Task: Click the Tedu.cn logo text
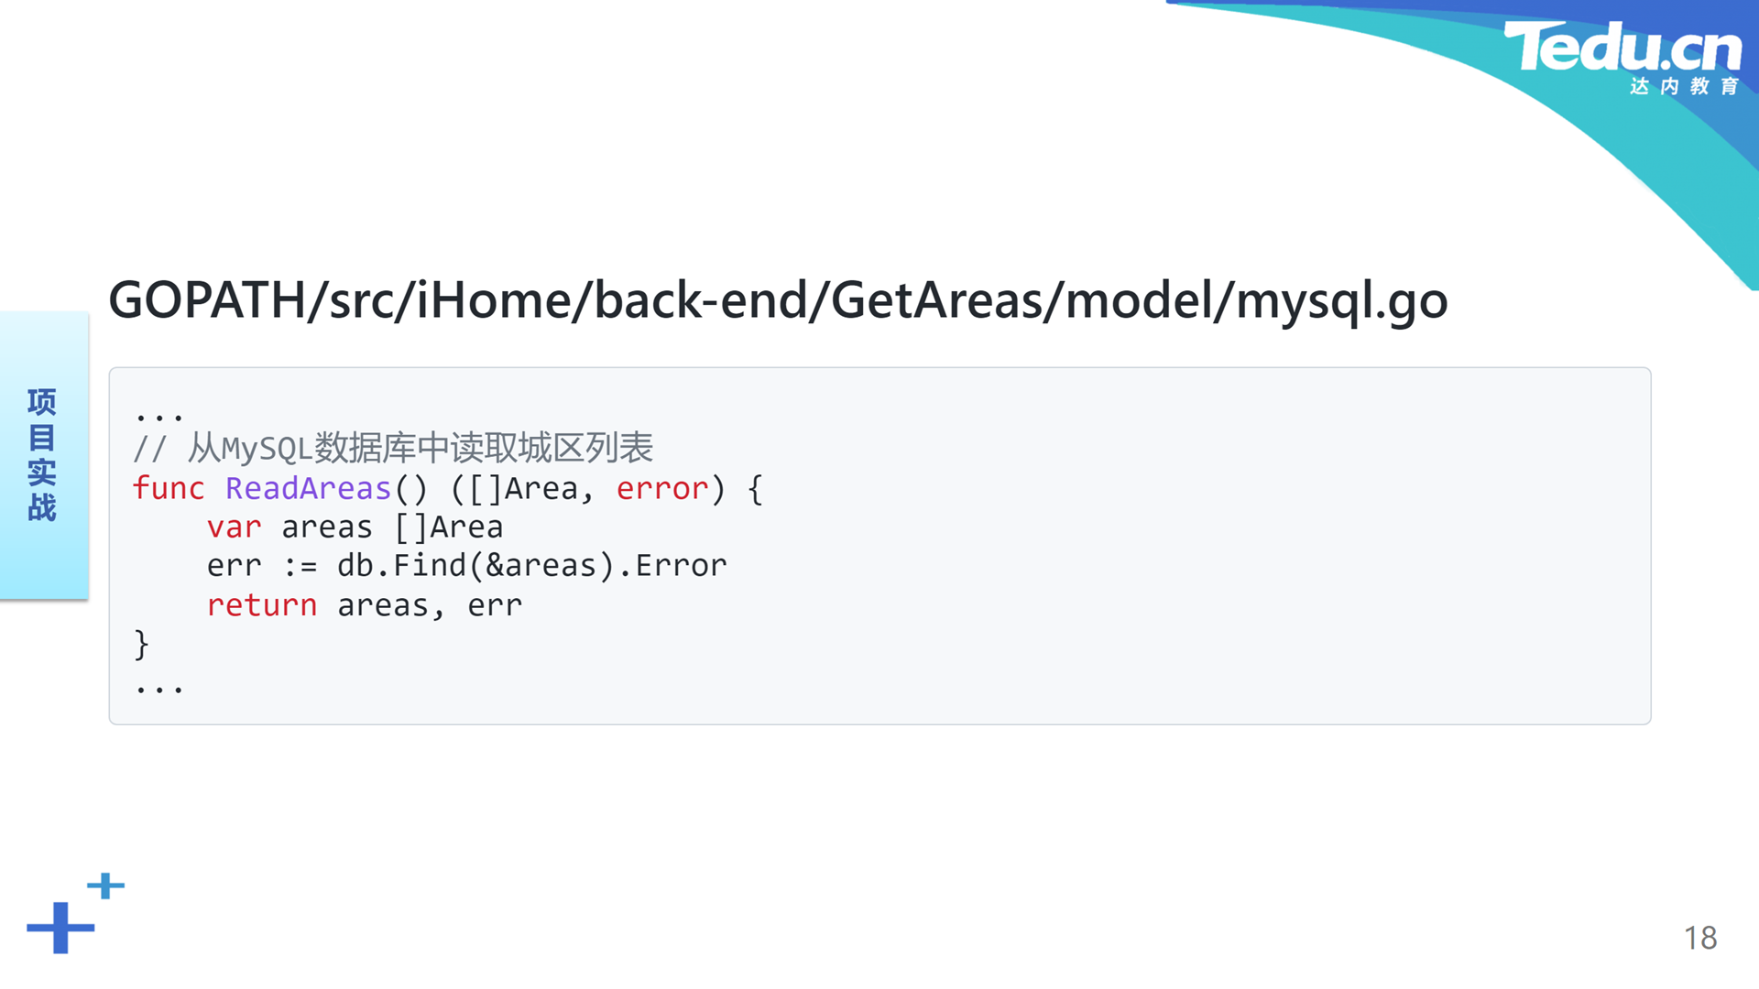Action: [1622, 47]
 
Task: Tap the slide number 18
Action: [1700, 938]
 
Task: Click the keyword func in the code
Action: [169, 488]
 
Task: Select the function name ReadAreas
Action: [309, 488]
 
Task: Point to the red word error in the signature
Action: [662, 489]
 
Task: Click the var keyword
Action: [235, 527]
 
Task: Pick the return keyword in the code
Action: [262, 605]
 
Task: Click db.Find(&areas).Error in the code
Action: [532, 566]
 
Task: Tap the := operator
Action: [300, 567]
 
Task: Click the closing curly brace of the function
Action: [141, 645]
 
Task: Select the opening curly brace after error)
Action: [755, 489]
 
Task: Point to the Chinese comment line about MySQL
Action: [393, 448]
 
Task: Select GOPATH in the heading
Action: [208, 299]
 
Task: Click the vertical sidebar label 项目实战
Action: [42, 454]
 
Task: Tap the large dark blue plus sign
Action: [60, 928]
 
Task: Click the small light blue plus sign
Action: [106, 886]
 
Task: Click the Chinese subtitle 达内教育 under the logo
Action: [1684, 86]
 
